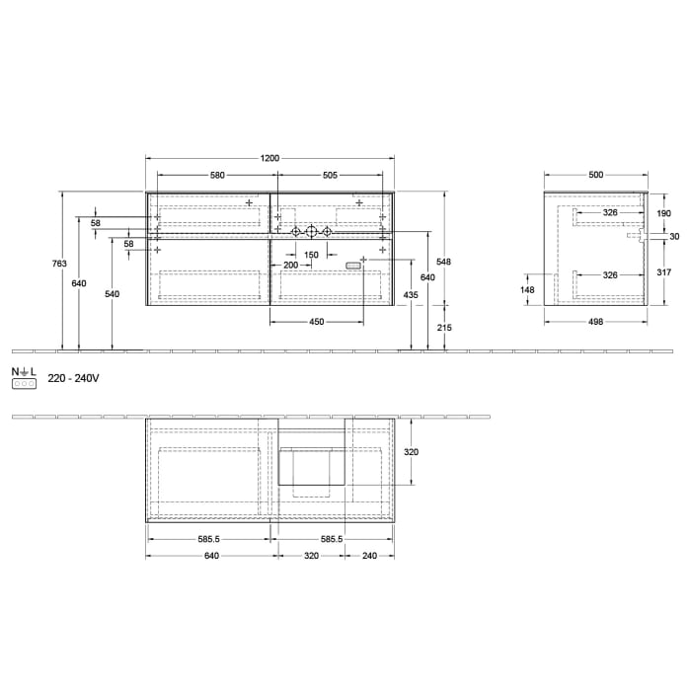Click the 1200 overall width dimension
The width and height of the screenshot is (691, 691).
pos(269,158)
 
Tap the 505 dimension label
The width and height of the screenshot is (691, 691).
pos(330,175)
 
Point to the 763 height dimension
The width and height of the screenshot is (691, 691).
pos(59,264)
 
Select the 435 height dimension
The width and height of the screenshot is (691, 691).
pos(408,296)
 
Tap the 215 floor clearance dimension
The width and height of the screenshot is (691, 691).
pos(444,327)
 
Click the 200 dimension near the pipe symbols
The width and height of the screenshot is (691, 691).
pos(290,266)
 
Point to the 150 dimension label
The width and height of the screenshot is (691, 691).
pos(311,255)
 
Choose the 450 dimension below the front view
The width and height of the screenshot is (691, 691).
pos(316,321)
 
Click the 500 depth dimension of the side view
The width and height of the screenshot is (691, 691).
pos(595,175)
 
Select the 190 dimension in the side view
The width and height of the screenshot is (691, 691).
pos(663,213)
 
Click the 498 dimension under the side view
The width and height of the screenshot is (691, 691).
pos(595,321)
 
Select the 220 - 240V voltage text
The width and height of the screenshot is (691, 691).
pos(73,377)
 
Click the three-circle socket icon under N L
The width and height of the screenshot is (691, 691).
pos(24,383)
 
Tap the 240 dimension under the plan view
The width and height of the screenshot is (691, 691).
pos(369,555)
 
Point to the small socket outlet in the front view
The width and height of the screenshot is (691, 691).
pos(354,265)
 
